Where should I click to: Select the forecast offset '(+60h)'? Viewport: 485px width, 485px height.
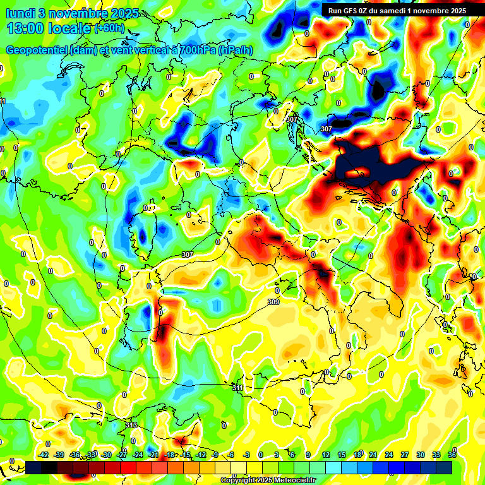111,28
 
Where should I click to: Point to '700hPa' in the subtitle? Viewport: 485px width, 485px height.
196,51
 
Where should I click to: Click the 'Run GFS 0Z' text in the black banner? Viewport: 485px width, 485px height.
350,10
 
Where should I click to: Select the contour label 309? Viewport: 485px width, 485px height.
273,302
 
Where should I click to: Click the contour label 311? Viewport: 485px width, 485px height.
237,388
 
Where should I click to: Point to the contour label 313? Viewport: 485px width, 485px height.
131,426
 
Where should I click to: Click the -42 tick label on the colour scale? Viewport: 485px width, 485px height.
44,455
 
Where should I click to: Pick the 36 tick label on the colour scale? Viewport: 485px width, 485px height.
452,455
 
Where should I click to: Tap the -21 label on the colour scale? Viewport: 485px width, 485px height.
153,455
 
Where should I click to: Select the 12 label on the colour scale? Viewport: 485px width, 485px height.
326,455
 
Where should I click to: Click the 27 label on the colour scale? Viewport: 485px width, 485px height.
404,455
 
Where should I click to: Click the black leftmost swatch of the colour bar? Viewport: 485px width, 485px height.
33,467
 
